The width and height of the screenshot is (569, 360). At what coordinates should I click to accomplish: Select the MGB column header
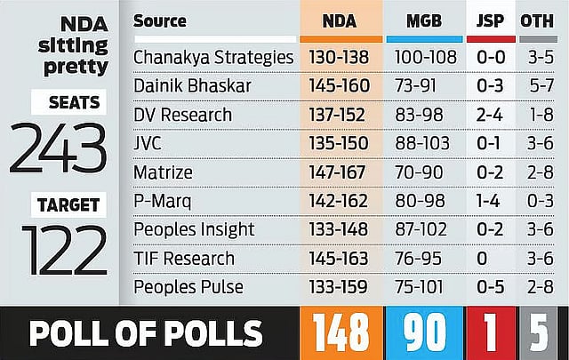(x=424, y=21)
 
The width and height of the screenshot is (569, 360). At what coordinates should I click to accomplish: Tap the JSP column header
(x=491, y=21)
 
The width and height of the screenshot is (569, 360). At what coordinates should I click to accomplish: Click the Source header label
(x=159, y=21)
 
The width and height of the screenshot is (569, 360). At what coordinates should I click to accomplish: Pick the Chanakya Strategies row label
(x=213, y=57)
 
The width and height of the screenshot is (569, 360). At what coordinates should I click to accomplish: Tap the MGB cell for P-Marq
(x=424, y=202)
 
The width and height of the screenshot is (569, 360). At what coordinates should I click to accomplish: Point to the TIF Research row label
(x=184, y=260)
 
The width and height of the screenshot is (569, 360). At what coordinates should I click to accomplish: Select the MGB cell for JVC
(x=424, y=144)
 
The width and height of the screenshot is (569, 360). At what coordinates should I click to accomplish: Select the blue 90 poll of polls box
(x=424, y=332)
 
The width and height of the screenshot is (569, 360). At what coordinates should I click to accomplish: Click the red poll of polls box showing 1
(x=491, y=332)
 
